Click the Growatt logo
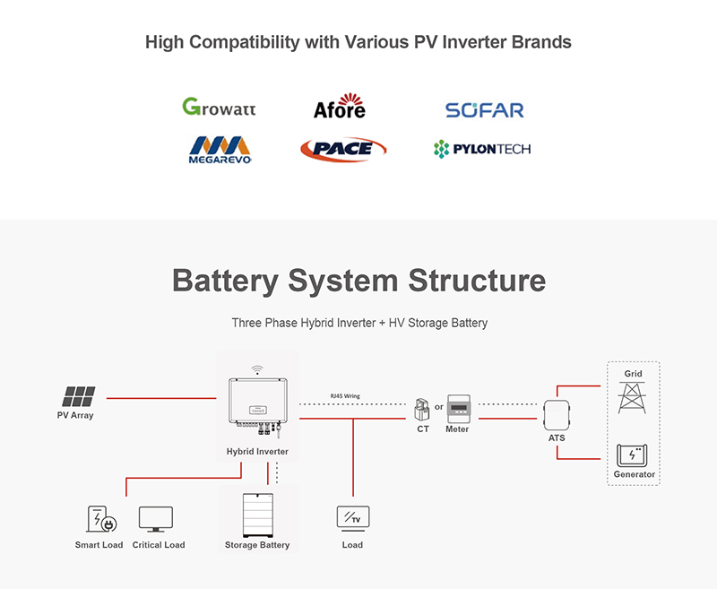219,107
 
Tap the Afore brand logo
340,106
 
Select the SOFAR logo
485,110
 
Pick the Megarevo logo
220,150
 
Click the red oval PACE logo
343,149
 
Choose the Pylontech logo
482,149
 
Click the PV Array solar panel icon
79,396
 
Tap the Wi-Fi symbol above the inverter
257,369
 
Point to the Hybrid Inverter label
257,451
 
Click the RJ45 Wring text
345,396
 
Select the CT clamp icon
422,410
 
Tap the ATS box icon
557,415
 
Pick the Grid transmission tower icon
633,397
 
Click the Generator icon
632,455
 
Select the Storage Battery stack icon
258,515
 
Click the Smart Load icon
102,519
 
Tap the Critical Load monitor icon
156,519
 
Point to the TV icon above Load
353,518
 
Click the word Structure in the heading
477,280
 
